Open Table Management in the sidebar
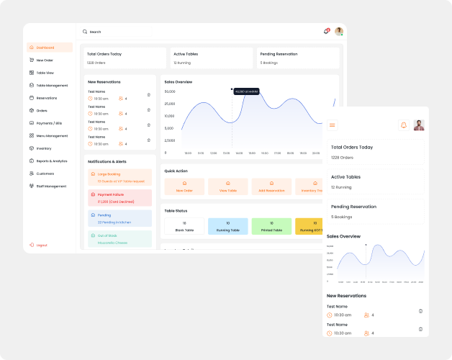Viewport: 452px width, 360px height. [52, 85]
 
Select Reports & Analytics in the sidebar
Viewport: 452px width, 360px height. [51, 161]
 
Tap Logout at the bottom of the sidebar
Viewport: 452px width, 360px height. [41, 245]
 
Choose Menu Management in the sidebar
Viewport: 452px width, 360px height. [52, 135]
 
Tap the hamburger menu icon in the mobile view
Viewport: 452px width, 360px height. [333, 125]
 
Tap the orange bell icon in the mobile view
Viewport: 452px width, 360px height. [403, 125]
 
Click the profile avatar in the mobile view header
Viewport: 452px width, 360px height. [419, 125]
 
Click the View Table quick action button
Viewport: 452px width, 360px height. [227, 187]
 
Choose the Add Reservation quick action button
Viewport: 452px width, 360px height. [271, 187]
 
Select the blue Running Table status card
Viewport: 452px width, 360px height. [227, 227]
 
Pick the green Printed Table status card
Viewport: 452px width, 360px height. [271, 227]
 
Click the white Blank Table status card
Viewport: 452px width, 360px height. [184, 227]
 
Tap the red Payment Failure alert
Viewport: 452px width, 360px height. [120, 198]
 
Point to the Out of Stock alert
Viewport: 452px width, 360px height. [120, 239]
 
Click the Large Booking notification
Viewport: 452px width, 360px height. [120, 177]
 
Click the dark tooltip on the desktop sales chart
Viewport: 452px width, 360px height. [246, 91]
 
